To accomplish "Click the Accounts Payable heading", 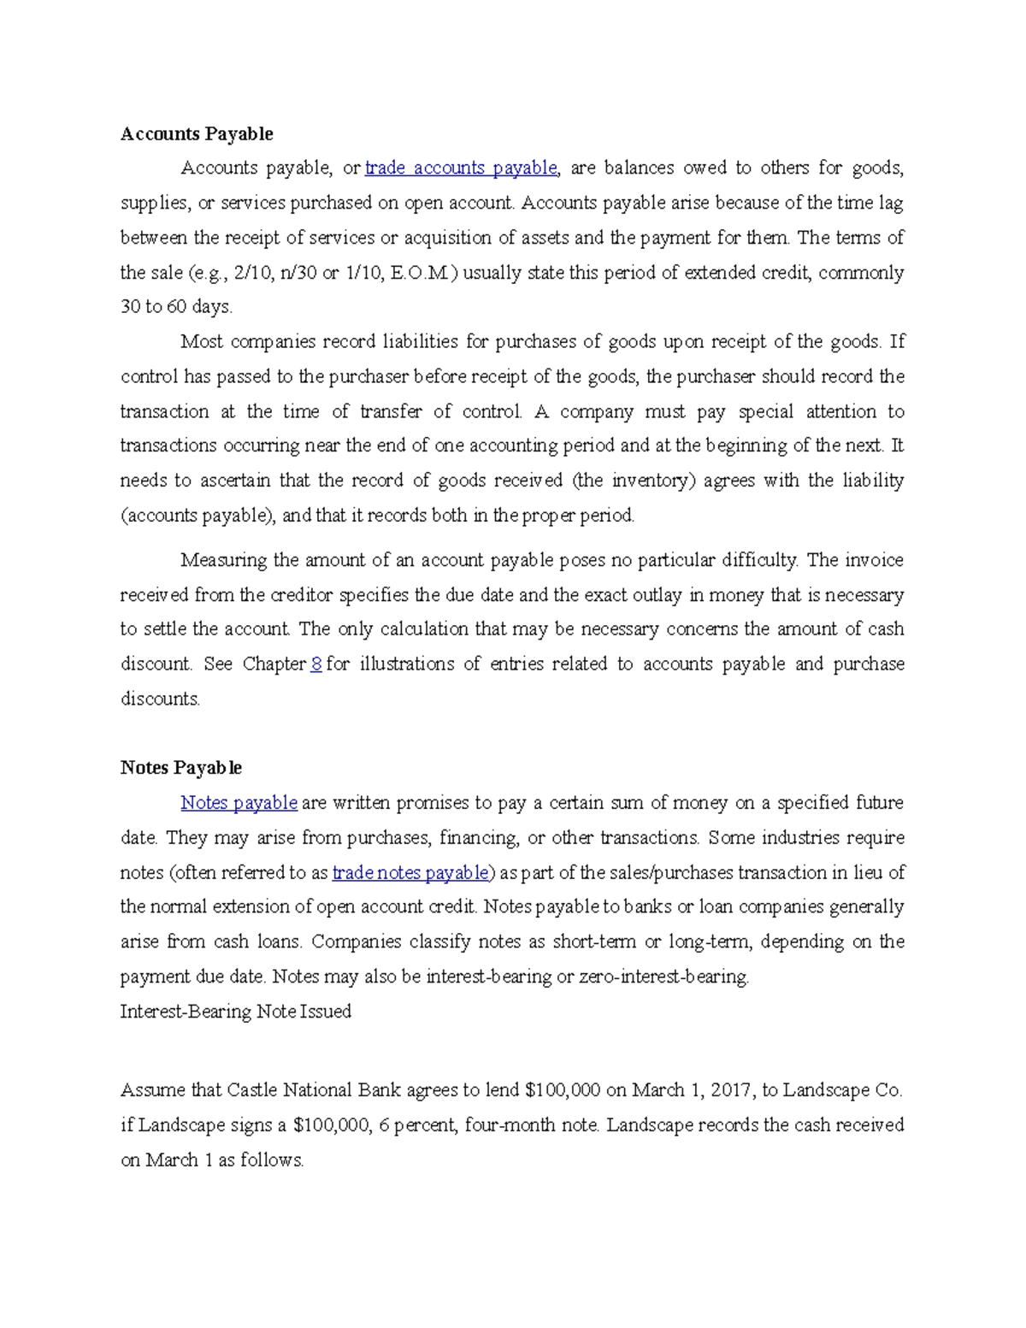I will point(197,134).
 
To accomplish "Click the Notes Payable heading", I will point(181,768).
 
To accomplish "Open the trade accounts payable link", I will point(461,168).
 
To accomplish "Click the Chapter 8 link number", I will point(316,664).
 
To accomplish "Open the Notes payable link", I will point(239,803).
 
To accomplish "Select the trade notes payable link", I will point(410,873).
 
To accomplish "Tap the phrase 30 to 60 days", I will point(176,307).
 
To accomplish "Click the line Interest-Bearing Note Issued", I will point(236,1012).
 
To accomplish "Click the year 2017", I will point(733,1090).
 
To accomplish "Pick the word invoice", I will point(874,561).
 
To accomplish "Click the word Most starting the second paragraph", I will point(202,342).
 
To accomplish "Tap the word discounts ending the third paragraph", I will point(160,699).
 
